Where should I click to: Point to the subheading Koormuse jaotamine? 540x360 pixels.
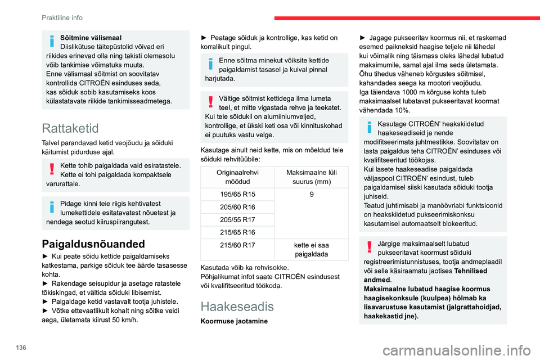[234, 322]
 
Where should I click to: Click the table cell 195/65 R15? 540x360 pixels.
[238, 193]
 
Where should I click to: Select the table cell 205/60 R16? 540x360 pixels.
[238, 207]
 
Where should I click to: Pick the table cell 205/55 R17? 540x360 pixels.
[238, 219]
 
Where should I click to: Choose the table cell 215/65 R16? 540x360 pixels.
[238, 232]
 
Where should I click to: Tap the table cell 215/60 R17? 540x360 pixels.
[238, 245]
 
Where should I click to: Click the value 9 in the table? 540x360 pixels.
[312, 193]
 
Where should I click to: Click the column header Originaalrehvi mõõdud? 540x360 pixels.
[238, 176]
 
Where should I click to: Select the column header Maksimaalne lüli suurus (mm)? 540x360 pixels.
[312, 176]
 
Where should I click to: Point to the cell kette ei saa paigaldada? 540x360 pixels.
[312, 249]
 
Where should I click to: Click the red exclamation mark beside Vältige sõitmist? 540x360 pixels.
[211, 102]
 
